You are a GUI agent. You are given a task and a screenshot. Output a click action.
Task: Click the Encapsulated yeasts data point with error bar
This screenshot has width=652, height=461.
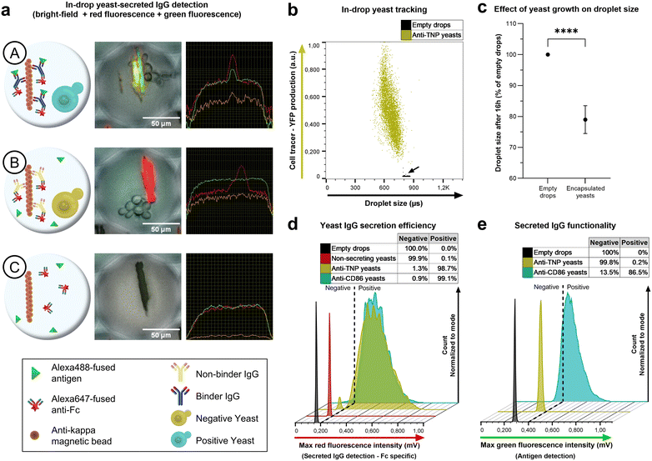tap(585, 119)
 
